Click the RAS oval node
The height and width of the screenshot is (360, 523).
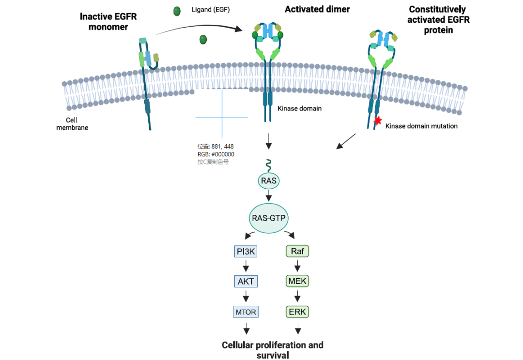(x=268, y=181)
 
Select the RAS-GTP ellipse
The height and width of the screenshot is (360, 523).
(x=269, y=218)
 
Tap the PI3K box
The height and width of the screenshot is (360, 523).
(x=246, y=251)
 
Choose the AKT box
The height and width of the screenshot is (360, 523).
(x=246, y=281)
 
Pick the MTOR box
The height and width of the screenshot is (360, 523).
(x=246, y=312)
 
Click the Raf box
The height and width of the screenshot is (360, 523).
(x=298, y=251)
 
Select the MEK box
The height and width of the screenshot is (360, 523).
(x=298, y=281)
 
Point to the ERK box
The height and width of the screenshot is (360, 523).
(x=298, y=312)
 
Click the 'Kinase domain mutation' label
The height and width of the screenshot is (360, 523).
(x=421, y=126)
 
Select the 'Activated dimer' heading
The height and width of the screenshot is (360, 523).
(x=317, y=9)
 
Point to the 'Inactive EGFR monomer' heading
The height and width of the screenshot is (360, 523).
(x=108, y=22)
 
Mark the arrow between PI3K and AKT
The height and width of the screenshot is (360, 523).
(x=246, y=266)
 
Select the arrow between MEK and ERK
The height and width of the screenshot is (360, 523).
(x=298, y=296)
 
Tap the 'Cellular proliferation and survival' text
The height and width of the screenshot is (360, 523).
(x=272, y=350)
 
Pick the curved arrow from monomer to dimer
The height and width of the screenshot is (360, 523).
(x=199, y=28)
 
